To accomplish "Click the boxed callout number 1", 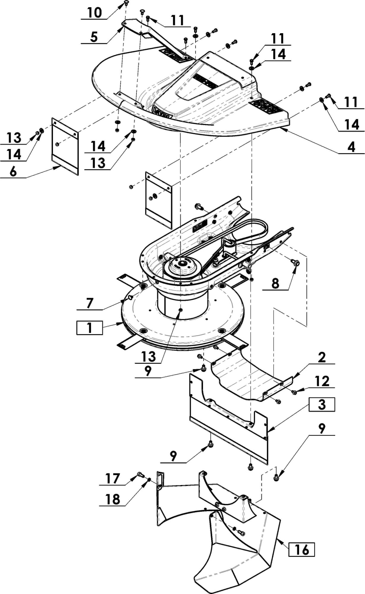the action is click(89, 328).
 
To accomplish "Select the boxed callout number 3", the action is click(322, 405).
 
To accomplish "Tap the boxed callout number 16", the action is click(302, 549).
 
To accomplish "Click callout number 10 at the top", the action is click(95, 13).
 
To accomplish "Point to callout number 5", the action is click(94, 37).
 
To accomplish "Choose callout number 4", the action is click(351, 147).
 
